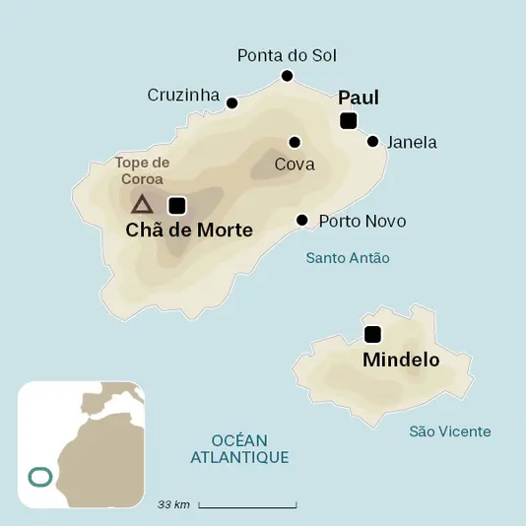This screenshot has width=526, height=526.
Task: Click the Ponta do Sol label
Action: [x=287, y=55]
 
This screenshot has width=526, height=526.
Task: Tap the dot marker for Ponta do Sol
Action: [x=288, y=76]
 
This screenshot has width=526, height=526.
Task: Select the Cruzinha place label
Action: [x=183, y=95]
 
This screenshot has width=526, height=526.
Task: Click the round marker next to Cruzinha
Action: [x=232, y=102]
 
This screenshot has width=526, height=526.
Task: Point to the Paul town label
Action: [x=359, y=98]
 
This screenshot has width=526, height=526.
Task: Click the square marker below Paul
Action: [x=348, y=121]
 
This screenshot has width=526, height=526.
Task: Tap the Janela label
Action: [x=412, y=143]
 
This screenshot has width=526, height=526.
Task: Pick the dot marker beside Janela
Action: [x=373, y=142]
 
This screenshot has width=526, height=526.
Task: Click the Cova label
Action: [x=295, y=164]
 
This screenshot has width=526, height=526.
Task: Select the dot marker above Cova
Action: [x=295, y=142]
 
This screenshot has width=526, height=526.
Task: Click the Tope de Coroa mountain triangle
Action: [x=142, y=205]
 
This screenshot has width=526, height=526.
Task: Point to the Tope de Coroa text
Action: [x=143, y=171]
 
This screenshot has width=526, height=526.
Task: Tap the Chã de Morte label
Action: [x=189, y=230]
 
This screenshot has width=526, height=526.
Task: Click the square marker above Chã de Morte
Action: [x=177, y=205]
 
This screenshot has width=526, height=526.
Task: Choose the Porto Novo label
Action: [x=362, y=221]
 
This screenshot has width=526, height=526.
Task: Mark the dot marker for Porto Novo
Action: [x=302, y=221]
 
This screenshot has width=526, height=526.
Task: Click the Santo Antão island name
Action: [x=348, y=258]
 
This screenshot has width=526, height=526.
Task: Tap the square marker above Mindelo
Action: [x=372, y=334]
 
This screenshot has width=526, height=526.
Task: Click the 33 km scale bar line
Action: [x=247, y=506]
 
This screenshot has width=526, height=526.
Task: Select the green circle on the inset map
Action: [x=40, y=478]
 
